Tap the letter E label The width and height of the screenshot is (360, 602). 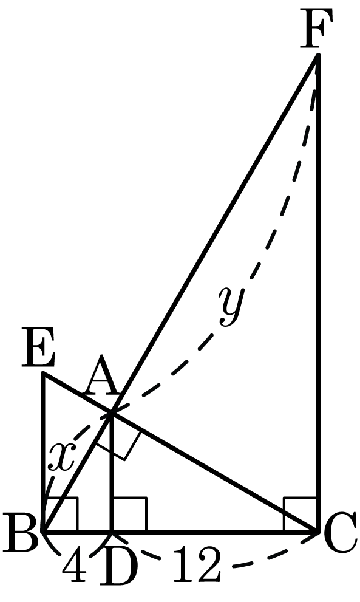[38, 347]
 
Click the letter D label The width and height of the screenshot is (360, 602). [118, 567]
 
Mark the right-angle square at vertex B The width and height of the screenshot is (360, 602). [61, 514]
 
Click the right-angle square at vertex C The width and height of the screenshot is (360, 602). [301, 514]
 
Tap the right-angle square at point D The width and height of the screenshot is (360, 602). [129, 514]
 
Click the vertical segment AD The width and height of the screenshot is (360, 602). [112, 473]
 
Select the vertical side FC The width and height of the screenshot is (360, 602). [318, 293]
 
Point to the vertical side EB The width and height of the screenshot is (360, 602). [44, 453]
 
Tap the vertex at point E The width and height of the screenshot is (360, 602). [44, 373]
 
